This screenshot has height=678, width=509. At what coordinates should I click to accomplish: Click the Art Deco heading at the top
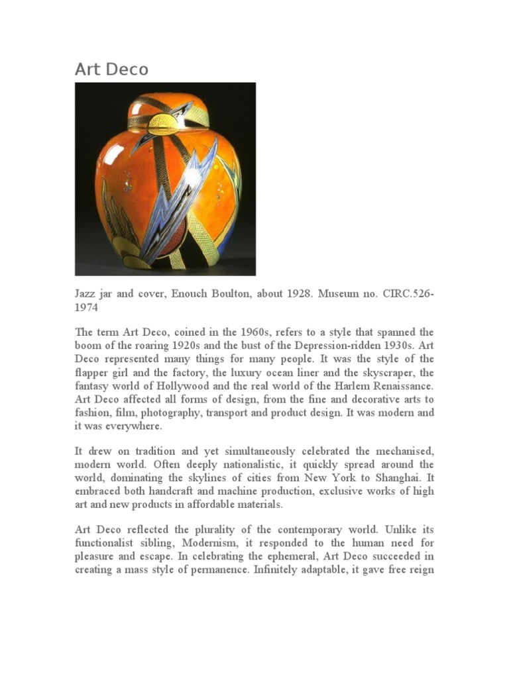coord(112,70)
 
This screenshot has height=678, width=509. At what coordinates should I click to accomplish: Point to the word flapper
coord(92,372)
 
